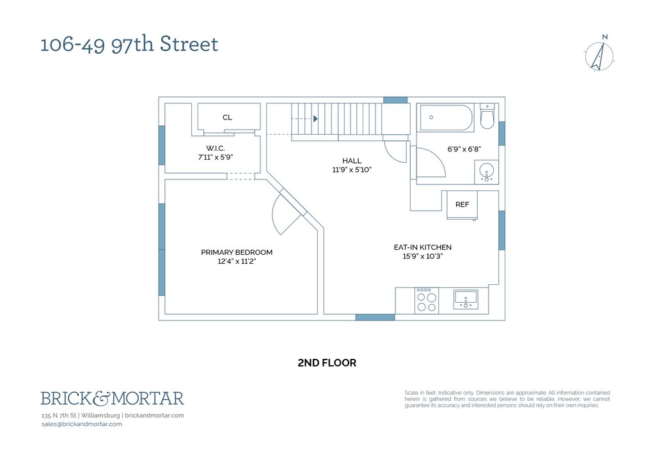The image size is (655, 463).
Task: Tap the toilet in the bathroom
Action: [487, 116]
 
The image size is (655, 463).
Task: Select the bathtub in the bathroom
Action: [446, 118]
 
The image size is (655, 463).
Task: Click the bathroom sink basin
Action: [487, 172]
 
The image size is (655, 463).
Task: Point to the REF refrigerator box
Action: [462, 205]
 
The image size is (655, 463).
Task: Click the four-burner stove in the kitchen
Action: [427, 300]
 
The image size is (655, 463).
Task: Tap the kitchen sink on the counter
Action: [466, 300]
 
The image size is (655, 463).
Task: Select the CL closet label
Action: [227, 118]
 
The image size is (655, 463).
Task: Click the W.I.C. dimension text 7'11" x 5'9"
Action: [215, 157]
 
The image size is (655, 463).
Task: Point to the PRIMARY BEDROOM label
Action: [237, 252]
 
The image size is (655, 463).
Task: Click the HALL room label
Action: [352, 161]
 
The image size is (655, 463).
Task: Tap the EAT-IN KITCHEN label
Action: [422, 247]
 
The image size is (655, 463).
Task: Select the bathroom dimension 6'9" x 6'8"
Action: [464, 149]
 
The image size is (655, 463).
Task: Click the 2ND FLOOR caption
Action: [327, 363]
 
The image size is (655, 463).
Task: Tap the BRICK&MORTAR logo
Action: [113, 398]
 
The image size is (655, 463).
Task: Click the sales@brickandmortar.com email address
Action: [82, 424]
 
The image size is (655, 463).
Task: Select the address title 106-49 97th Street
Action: [129, 44]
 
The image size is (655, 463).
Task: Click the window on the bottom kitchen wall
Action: [375, 317]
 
